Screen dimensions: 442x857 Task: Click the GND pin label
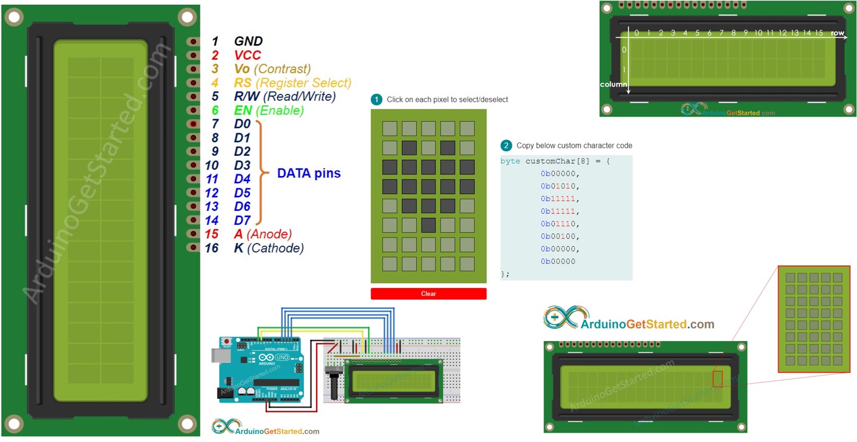(248, 41)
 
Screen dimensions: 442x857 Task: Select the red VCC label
(247, 55)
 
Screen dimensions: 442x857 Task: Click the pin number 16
(211, 248)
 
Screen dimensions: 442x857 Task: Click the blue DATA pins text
(309, 173)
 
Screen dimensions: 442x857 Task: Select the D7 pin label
(242, 220)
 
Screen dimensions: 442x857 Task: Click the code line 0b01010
(560, 186)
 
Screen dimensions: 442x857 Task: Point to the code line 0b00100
(560, 236)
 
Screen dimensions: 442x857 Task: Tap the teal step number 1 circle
(376, 100)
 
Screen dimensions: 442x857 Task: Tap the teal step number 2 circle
(506, 145)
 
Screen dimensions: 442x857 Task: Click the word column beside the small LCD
(613, 85)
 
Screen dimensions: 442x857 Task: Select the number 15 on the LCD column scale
(819, 34)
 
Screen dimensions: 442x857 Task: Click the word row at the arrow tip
(837, 34)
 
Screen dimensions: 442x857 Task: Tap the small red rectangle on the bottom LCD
(717, 379)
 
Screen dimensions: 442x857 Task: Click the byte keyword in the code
(511, 161)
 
